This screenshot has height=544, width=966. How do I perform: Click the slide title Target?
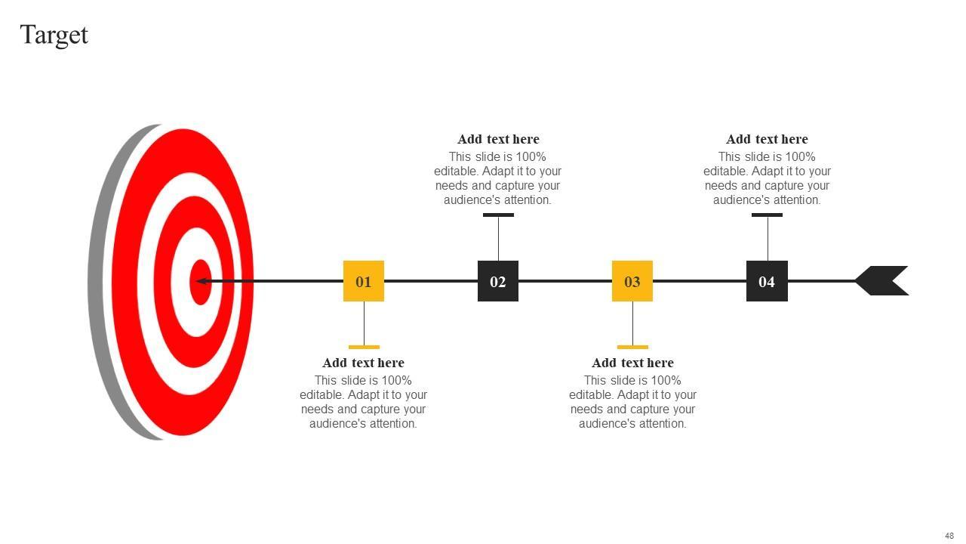click(x=54, y=35)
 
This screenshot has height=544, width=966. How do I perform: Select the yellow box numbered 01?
click(x=363, y=281)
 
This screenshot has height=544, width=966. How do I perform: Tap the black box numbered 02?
click(x=498, y=281)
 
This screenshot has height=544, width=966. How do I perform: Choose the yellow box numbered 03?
click(x=632, y=281)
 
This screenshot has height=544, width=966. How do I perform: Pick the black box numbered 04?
click(x=767, y=281)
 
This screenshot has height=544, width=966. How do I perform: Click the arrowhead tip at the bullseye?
click(x=198, y=281)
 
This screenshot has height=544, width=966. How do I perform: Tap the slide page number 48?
click(x=949, y=536)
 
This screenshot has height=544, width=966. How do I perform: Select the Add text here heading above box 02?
click(x=498, y=139)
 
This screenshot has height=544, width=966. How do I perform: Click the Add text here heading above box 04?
click(x=767, y=139)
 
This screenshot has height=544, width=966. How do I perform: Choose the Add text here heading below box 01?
click(x=363, y=363)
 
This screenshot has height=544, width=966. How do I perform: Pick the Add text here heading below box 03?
click(x=632, y=363)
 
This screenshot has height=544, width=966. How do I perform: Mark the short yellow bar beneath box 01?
click(x=364, y=347)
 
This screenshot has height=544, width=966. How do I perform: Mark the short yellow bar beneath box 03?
click(x=632, y=347)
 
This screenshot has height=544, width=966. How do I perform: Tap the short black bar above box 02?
click(x=498, y=215)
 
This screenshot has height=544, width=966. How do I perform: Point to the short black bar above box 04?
click(x=767, y=215)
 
